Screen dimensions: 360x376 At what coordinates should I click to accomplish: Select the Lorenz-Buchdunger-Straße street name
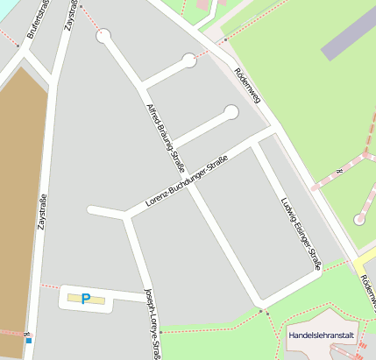tap(187, 180)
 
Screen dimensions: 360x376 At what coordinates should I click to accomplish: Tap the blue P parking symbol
tap(86, 299)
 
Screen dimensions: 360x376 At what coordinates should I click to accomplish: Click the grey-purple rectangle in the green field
tap(348, 41)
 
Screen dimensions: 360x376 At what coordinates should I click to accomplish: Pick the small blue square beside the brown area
tap(29, 341)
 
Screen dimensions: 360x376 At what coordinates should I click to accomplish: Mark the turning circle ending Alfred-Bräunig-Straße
tap(104, 36)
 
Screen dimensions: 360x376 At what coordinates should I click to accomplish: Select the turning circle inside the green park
tap(359, 219)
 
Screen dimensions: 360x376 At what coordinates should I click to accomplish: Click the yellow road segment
tap(363, 263)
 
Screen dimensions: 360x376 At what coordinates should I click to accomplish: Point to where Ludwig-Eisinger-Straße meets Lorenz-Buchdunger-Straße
tap(254, 145)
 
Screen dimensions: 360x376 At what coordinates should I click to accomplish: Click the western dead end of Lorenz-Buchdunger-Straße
tap(91, 210)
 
